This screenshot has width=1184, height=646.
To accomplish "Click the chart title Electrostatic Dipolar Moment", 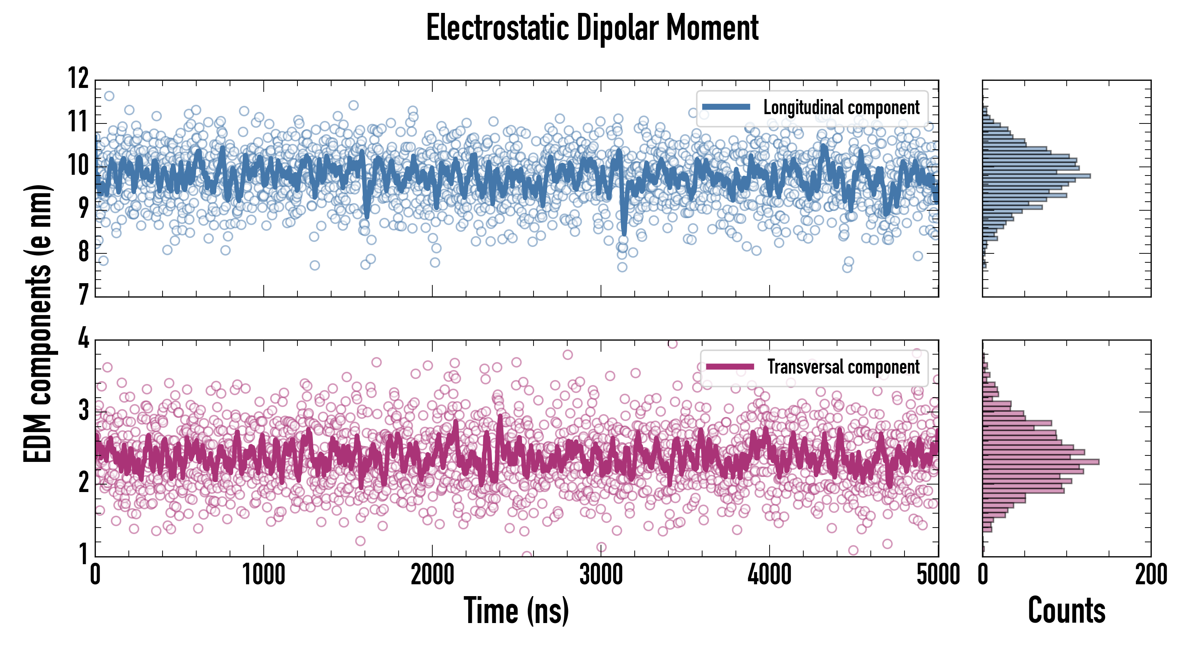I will point(592,28).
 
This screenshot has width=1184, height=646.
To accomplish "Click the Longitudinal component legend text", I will point(841,108).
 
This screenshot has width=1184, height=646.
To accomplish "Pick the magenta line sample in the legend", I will point(730,366).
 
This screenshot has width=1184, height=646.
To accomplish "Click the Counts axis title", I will point(1066,610).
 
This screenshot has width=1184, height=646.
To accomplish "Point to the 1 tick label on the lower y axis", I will point(83,554).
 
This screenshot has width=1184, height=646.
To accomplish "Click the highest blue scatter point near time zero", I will point(109,95).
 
